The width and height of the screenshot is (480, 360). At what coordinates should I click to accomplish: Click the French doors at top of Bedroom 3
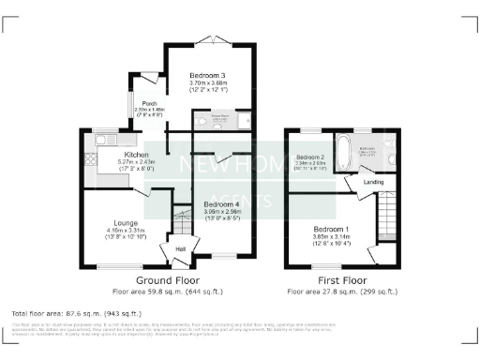pyautogui.click(x=213, y=40)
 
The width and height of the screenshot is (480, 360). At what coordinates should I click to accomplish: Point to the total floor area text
pyautogui.click(x=75, y=312)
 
